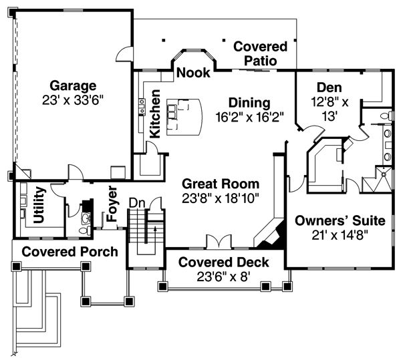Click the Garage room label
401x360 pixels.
click(74, 86)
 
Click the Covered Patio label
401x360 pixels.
click(261, 53)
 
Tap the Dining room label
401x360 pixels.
click(249, 103)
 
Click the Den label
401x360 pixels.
click(329, 87)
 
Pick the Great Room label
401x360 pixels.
click(220, 183)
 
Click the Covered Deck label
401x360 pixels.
click(223, 262)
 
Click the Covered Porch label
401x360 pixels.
click(70, 252)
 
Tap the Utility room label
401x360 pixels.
click(39, 206)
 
